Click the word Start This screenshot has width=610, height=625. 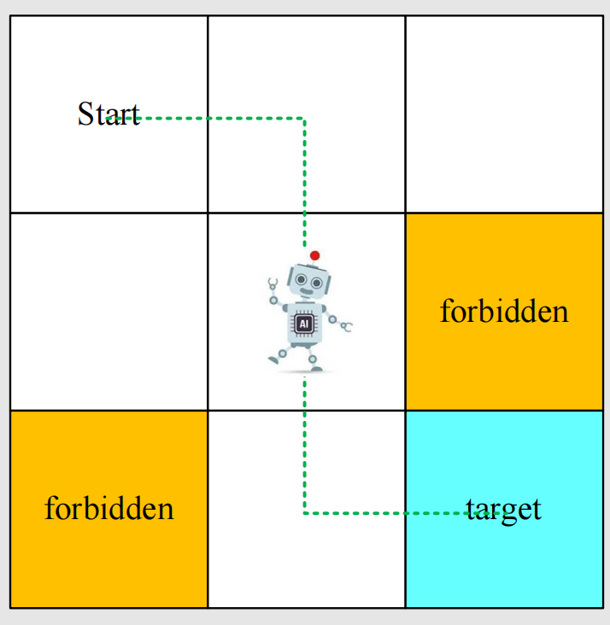click(109, 114)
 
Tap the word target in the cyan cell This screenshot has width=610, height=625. click(504, 509)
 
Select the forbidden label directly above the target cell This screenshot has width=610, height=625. click(504, 311)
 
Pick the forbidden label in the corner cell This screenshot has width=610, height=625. click(109, 509)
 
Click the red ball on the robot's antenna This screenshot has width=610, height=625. click(314, 255)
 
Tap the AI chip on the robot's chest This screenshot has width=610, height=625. click(303, 324)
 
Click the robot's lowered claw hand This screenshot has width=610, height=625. click(347, 326)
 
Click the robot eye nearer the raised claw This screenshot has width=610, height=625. click(301, 279)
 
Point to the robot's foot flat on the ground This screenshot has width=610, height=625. click(314, 368)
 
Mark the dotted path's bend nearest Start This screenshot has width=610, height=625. click(304, 119)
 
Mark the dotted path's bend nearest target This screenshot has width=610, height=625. click(304, 513)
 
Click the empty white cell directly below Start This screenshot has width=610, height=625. click(109, 311)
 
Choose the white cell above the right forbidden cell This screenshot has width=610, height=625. click(504, 114)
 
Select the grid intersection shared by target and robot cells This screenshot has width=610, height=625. click(405, 411)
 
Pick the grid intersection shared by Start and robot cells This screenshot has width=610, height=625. click(208, 213)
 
